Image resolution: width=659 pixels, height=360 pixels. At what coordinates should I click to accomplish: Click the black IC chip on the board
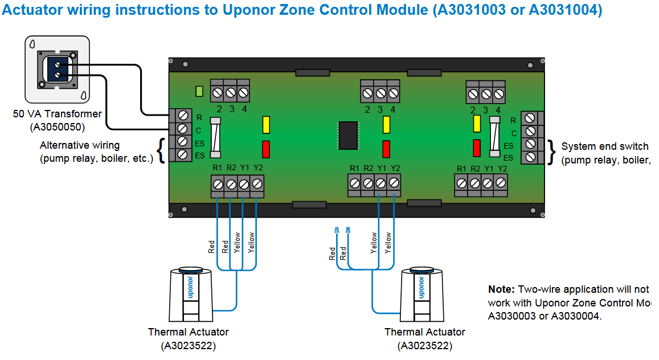(x=347, y=135)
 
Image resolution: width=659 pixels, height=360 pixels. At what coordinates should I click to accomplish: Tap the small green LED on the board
(x=199, y=91)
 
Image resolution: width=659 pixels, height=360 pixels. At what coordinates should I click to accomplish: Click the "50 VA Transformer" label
(x=58, y=114)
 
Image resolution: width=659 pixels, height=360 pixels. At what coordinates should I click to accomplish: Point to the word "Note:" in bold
(x=501, y=289)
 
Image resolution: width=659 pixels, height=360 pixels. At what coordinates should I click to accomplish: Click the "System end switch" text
(x=604, y=146)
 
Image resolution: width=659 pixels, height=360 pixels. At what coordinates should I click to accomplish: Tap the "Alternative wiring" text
(x=80, y=145)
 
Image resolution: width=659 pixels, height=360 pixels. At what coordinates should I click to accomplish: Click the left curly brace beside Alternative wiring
(x=161, y=151)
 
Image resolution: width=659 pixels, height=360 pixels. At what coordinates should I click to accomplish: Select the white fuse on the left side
(x=215, y=137)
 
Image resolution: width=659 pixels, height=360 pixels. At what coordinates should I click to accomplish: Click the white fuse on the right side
(x=494, y=137)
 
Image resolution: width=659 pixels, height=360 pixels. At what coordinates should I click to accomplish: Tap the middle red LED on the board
(x=387, y=149)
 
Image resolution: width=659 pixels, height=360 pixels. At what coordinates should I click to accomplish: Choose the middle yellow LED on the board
(x=387, y=124)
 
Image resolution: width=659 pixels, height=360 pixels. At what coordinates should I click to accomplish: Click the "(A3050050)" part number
(x=58, y=126)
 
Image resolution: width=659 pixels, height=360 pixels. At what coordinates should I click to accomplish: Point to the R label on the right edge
(x=513, y=120)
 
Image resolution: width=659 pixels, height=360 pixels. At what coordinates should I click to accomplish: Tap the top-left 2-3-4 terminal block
(x=230, y=91)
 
